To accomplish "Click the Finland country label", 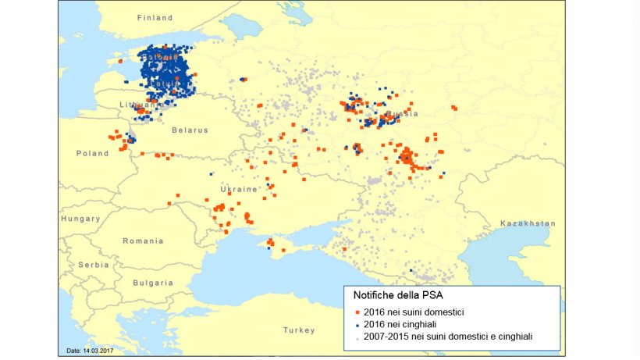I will click(154, 17).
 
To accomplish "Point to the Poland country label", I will click(92, 154).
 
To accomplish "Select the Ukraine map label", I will click(239, 190).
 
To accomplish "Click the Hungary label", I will click(80, 219).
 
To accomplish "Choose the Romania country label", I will click(143, 241).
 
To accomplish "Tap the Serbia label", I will click(94, 265).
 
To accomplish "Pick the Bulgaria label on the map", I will click(153, 283).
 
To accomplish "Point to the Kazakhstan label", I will click(528, 223).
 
